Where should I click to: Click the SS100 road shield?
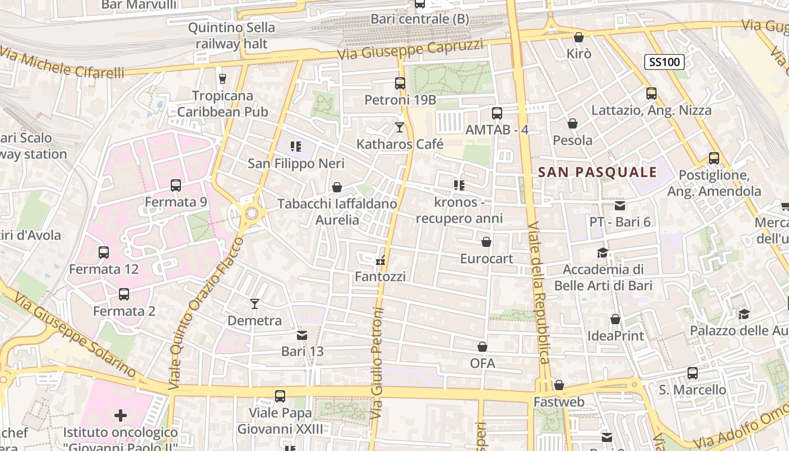(x=664, y=62)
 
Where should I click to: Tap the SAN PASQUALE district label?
(x=597, y=172)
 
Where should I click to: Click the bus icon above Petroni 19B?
(x=400, y=83)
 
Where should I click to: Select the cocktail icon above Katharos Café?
(x=400, y=127)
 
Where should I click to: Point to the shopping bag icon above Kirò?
(x=578, y=37)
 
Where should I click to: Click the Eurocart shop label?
(x=486, y=259)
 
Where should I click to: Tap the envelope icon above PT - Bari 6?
(x=620, y=206)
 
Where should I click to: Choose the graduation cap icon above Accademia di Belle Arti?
(x=603, y=253)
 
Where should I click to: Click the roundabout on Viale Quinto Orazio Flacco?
(x=251, y=213)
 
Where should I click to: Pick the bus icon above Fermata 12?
(x=104, y=253)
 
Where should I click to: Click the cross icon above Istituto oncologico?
(x=121, y=416)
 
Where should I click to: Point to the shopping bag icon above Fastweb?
(x=558, y=385)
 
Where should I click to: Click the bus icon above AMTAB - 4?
(x=497, y=113)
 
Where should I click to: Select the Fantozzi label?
(x=380, y=277)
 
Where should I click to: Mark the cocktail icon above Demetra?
(x=255, y=304)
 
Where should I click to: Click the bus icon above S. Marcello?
(x=693, y=373)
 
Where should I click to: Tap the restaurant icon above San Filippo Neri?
(x=295, y=147)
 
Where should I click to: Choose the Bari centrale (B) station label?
(x=419, y=19)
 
